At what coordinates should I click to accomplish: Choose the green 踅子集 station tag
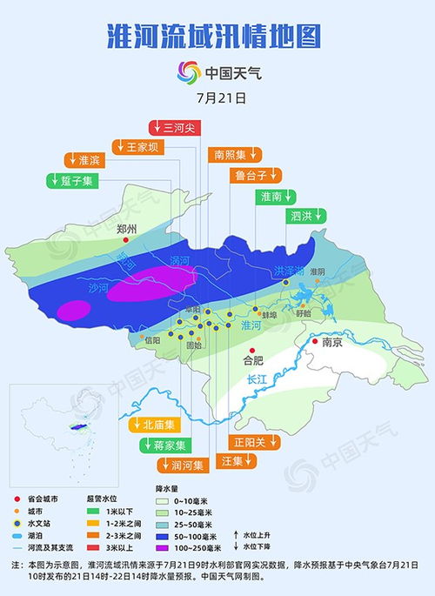coord(73,180)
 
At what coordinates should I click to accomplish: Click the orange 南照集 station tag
coord(235,155)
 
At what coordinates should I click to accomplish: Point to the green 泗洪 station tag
coord(305,215)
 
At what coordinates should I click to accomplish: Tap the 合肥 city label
coord(252,358)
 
